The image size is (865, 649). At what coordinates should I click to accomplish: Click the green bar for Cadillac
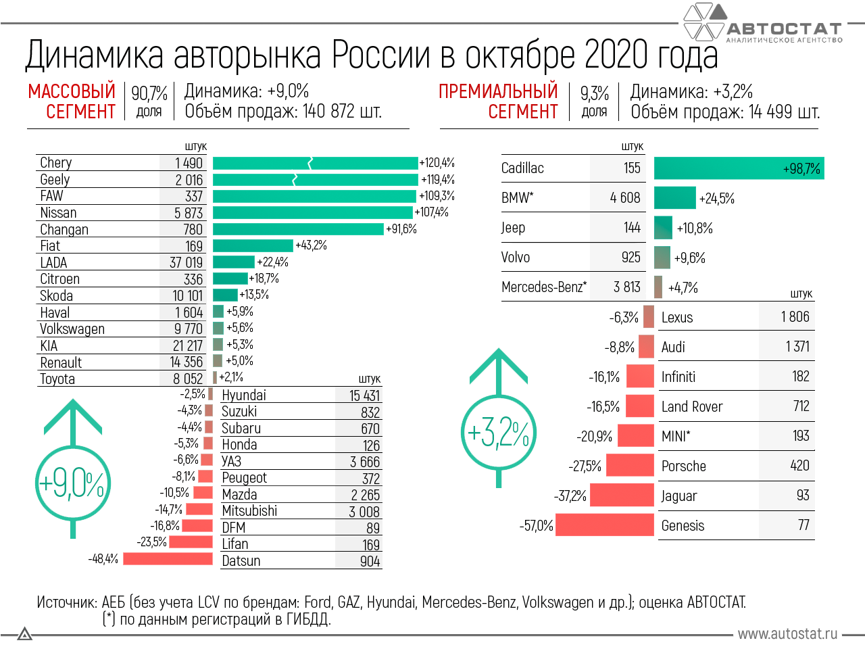click(739, 168)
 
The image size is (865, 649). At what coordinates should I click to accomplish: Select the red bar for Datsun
click(168, 558)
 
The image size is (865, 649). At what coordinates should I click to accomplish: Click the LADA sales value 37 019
click(186, 262)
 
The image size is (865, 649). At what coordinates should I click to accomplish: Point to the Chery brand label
click(55, 163)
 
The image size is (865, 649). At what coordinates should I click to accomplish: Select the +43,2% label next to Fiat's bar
click(311, 245)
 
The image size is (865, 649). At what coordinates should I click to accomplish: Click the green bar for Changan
click(298, 229)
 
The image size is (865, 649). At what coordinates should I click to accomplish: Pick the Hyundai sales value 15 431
click(364, 395)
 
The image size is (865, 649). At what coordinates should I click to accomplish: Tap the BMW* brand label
click(517, 198)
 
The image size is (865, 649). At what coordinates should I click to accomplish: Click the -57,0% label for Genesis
click(536, 526)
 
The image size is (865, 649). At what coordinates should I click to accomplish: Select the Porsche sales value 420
click(799, 466)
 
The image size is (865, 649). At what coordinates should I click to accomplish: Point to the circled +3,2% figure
click(499, 433)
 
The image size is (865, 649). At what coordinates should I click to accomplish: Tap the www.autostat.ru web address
click(787, 634)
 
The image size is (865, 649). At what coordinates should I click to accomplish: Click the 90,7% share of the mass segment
click(149, 93)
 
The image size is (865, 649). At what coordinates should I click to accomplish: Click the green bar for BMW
click(674, 198)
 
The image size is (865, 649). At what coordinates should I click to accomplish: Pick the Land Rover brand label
click(692, 406)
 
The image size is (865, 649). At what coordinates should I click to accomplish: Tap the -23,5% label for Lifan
click(152, 542)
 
